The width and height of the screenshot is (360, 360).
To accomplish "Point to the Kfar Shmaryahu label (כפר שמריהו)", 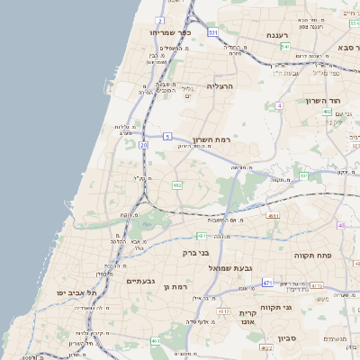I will coord(167,31).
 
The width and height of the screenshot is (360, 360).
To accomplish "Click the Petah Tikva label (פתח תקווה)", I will coord(314,256).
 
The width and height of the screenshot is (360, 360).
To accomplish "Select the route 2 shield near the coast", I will coord(160,19).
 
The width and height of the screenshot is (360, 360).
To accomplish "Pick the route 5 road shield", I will coord(167,137).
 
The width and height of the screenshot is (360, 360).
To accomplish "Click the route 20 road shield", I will coord(144,144).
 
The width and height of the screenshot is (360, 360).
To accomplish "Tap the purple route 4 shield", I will coord(280,105).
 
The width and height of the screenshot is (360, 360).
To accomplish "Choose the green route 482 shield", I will coord(177,184).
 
